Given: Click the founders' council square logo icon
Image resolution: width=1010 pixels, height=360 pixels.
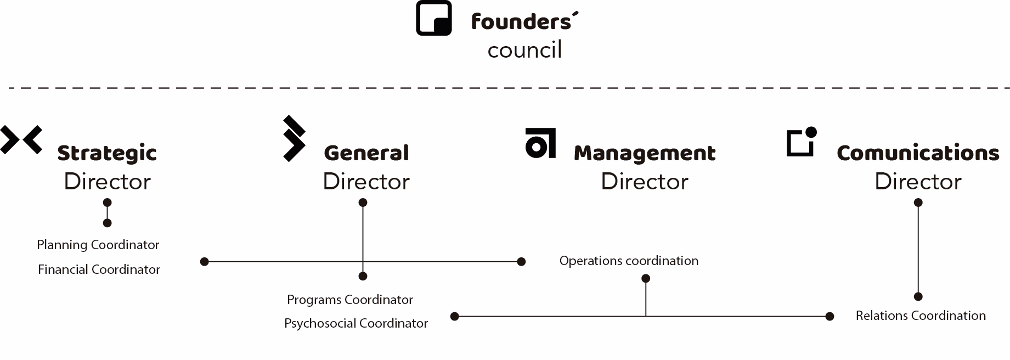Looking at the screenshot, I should click(x=433, y=18).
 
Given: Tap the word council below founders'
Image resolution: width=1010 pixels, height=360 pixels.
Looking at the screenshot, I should click(x=524, y=50).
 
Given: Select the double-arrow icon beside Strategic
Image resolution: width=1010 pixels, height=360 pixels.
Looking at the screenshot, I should click(x=21, y=139).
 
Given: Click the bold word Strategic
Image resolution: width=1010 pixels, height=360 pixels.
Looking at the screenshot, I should click(x=107, y=153).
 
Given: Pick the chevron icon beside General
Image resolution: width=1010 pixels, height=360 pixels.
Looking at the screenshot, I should click(x=294, y=139).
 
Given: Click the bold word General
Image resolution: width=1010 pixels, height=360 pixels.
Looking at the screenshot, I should click(x=366, y=153).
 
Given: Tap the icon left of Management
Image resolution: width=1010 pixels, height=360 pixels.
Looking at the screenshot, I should click(x=540, y=143).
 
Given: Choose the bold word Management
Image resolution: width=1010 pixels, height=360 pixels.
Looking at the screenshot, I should click(x=645, y=153).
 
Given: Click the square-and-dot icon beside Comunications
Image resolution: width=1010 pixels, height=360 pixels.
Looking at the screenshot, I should click(x=802, y=142).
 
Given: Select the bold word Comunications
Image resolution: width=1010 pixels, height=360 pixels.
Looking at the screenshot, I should click(x=918, y=153).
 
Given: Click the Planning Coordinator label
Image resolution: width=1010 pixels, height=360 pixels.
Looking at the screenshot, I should click(x=98, y=245).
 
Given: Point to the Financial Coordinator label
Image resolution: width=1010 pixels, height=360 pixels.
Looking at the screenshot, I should click(x=99, y=269).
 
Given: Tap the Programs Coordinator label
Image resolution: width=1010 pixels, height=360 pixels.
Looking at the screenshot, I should click(x=350, y=300).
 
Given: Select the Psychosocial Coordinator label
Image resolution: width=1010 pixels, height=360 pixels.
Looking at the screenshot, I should click(x=356, y=323).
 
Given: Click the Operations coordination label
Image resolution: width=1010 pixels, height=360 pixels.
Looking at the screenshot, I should click(x=629, y=261).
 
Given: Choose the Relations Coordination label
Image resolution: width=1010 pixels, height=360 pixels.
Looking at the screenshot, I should click(x=921, y=316).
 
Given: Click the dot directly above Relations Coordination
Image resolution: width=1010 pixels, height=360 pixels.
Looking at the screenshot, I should click(x=918, y=297).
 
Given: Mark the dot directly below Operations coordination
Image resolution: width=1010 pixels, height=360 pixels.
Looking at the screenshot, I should click(x=646, y=279).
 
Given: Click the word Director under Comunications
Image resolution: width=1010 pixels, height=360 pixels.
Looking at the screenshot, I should click(x=918, y=182).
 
